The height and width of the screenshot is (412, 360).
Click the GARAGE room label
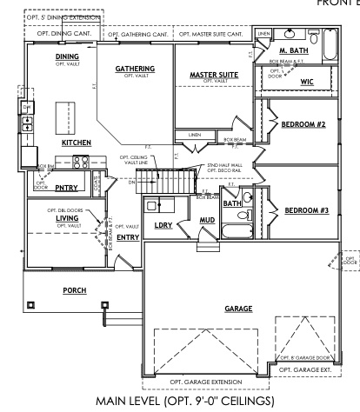point(237,309)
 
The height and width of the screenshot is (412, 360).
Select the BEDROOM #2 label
point(303,124)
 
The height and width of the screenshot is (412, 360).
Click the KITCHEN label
point(77,142)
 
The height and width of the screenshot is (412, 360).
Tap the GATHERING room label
point(135,69)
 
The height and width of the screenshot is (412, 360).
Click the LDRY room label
point(163,225)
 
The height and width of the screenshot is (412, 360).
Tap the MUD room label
point(207,220)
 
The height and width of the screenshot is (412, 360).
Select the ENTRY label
point(128,236)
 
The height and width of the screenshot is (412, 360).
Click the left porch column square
point(31,305)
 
